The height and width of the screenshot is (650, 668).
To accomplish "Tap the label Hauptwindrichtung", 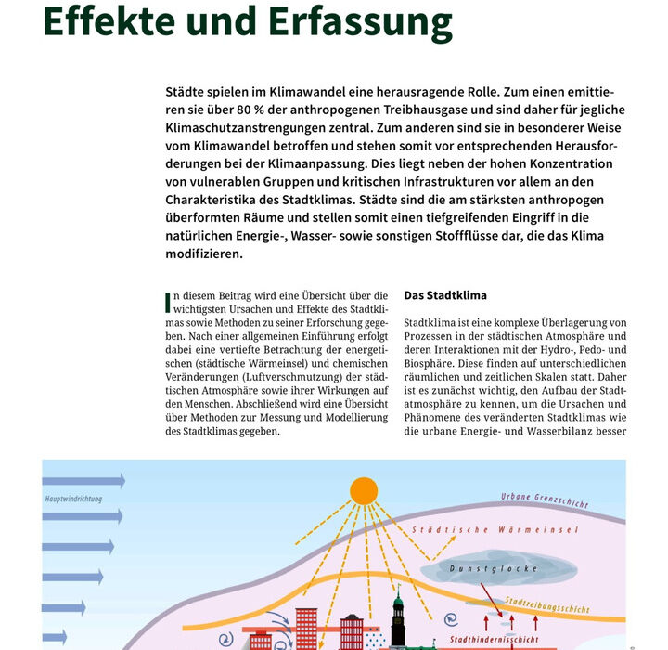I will pos(74,499).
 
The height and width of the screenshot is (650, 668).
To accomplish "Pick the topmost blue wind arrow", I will pos(83,481).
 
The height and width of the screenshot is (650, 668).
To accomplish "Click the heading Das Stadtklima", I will pos(445,295).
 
